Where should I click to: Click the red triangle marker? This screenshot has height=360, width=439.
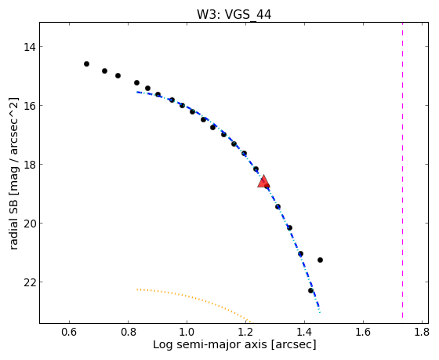click(x=263, y=181)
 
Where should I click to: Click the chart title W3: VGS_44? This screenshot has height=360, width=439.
click(x=234, y=15)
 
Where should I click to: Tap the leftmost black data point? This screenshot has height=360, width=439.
click(x=86, y=64)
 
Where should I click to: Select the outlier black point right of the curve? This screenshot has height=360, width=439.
click(x=320, y=260)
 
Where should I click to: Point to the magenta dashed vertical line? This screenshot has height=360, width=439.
click(x=403, y=170)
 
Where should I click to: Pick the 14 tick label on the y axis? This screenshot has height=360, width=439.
click(x=30, y=47)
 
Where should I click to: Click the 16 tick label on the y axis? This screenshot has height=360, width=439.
click(x=30, y=106)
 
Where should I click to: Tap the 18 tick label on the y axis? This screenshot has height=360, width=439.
click(x=30, y=165)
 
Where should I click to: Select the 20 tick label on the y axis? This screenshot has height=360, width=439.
click(x=30, y=224)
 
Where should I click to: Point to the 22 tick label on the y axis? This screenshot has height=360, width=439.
click(x=30, y=282)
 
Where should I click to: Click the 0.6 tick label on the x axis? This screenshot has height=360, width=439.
click(x=69, y=332)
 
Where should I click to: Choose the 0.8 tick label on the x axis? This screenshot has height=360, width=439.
click(x=128, y=332)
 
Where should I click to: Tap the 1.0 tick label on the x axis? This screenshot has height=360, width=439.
click(x=187, y=332)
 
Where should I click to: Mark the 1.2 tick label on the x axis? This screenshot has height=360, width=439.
click(x=245, y=332)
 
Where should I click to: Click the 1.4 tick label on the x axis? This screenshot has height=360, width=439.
click(x=304, y=332)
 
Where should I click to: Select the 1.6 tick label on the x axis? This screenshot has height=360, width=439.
click(x=363, y=332)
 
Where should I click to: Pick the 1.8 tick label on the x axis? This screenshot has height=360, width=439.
click(x=422, y=332)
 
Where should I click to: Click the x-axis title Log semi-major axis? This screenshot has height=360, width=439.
click(x=210, y=344)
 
